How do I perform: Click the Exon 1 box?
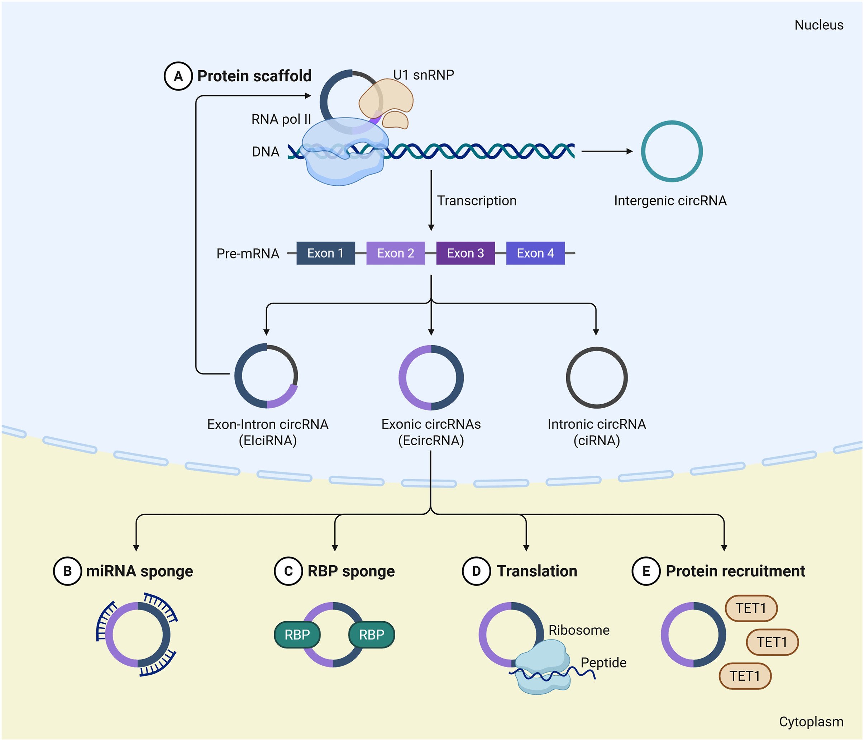326,253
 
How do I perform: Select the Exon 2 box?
396,253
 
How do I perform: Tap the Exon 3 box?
466,253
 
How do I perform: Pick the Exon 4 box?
535,253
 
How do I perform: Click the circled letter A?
178,76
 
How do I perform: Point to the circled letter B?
67,571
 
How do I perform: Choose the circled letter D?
476,571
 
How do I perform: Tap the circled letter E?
646,571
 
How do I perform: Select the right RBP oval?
372,635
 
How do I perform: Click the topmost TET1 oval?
751,608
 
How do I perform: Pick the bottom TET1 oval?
745,676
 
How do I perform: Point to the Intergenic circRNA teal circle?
642,151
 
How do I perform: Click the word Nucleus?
819,25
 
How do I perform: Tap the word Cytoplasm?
811,722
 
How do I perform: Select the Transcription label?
477,201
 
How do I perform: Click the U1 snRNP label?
424,75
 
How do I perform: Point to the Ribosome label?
579,630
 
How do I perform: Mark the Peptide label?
603,662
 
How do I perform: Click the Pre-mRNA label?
248,253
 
